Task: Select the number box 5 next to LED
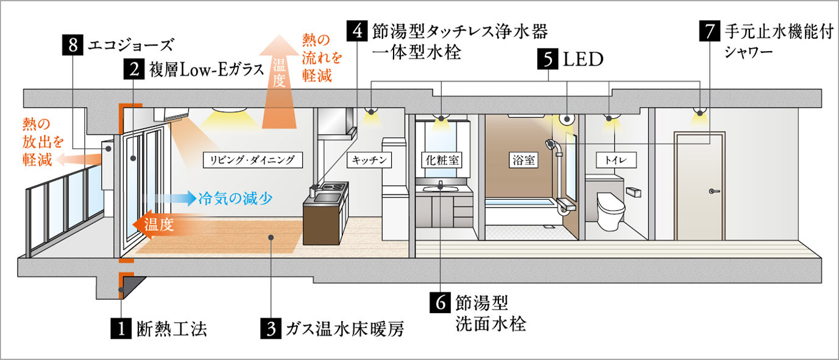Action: pyautogui.click(x=548, y=60)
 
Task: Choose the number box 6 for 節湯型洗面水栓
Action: pyautogui.click(x=440, y=303)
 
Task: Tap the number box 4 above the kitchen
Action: pyautogui.click(x=357, y=31)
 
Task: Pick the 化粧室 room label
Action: pyautogui.click(x=442, y=160)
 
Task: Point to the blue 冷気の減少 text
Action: pyautogui.click(x=235, y=198)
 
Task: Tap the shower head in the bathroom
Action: pyautogui.click(x=551, y=144)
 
